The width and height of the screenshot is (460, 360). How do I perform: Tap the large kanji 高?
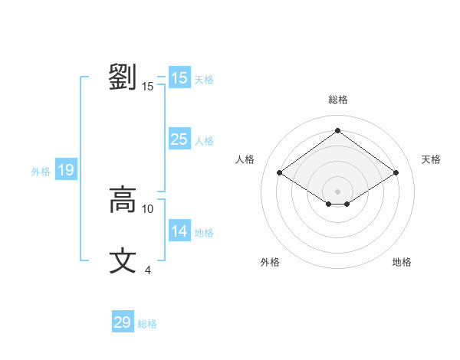click(x=123, y=200)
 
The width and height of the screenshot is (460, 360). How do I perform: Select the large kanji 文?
click(x=123, y=260)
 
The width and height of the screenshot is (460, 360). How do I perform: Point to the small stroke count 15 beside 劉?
click(x=148, y=87)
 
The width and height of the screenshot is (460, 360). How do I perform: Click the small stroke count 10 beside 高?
click(x=148, y=208)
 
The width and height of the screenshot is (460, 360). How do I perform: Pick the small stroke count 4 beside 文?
click(x=148, y=270)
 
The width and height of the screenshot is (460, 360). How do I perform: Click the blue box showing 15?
click(x=179, y=78)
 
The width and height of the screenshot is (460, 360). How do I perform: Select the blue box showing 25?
click(x=179, y=139)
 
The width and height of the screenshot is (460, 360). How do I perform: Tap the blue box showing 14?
click(x=179, y=231)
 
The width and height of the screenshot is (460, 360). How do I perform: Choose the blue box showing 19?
click(x=66, y=170)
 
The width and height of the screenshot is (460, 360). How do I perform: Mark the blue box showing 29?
click(x=123, y=322)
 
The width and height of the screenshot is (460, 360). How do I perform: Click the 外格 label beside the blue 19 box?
click(x=41, y=172)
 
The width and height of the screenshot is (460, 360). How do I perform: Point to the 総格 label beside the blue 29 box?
click(x=148, y=324)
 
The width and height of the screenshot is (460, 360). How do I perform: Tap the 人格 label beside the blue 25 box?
click(x=205, y=141)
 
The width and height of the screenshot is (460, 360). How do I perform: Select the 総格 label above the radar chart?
click(x=338, y=100)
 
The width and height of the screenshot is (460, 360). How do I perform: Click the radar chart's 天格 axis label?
click(x=431, y=159)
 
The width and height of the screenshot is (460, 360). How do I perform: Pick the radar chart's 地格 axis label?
click(x=402, y=262)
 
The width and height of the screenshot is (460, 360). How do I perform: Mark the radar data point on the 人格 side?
click(x=280, y=173)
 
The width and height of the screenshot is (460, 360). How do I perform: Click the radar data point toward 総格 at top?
click(x=337, y=131)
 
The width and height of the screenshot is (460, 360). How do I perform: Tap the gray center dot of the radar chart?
click(x=337, y=190)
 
